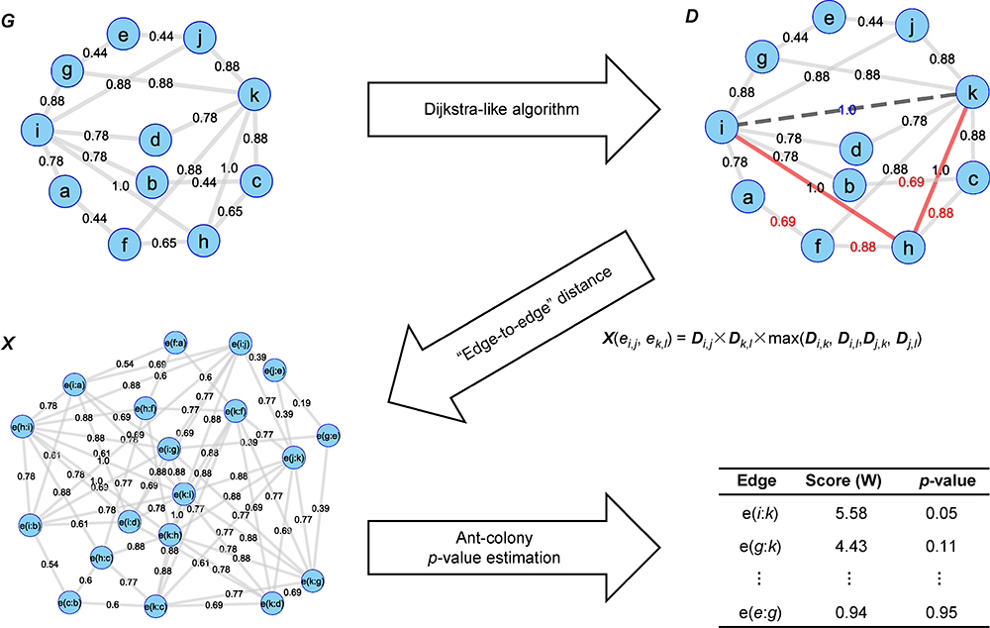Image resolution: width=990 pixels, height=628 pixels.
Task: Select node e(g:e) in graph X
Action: tap(330, 435)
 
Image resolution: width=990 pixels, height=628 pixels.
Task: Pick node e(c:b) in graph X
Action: tap(69, 601)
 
